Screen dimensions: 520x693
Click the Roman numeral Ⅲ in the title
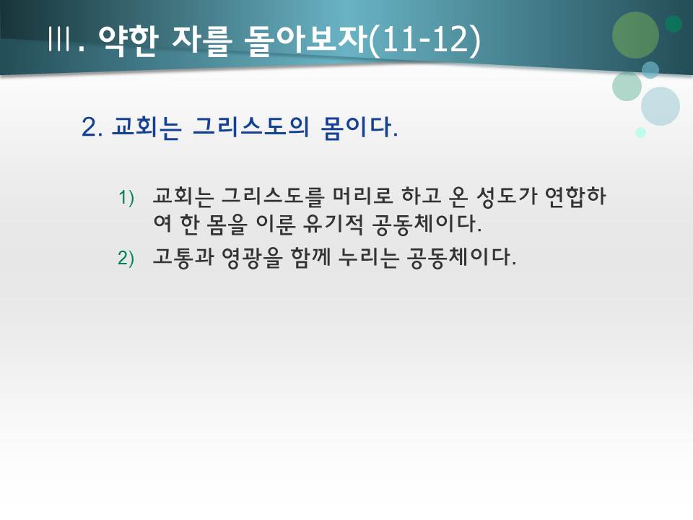pyautogui.click(x=60, y=40)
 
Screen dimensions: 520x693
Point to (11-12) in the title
pyautogui.click(x=424, y=40)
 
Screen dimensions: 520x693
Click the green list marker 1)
pyautogui.click(x=126, y=197)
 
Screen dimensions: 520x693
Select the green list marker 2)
pyautogui.click(x=126, y=259)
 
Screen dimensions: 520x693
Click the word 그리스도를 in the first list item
pyautogui.click(x=266, y=196)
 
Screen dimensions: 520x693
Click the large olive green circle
pyautogui.click(x=635, y=35)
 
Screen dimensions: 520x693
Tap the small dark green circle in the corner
pyautogui.click(x=674, y=24)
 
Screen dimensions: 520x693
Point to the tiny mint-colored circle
pyautogui.click(x=640, y=132)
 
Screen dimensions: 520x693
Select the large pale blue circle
pyautogui.click(x=660, y=106)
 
